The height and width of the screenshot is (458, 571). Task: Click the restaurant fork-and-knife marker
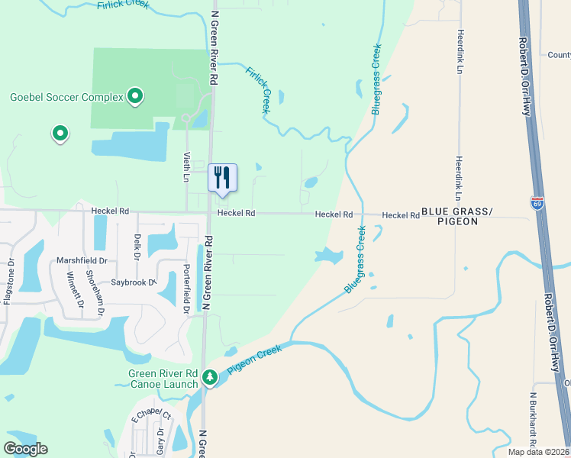pyautogui.click(x=222, y=177)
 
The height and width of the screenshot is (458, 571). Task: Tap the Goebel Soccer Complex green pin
pyautogui.click(x=135, y=96)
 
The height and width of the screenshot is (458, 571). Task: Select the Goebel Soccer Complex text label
pyautogui.click(x=66, y=97)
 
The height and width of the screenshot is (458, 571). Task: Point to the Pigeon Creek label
pyautogui.click(x=254, y=357)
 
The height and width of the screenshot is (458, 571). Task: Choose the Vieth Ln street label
pyautogui.click(x=186, y=166)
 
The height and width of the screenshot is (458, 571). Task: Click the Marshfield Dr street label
pyautogui.click(x=82, y=260)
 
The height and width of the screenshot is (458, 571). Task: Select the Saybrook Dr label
pyautogui.click(x=132, y=282)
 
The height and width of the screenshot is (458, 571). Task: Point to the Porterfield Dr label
pyautogui.click(x=185, y=289)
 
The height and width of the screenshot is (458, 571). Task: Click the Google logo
pyautogui.click(x=25, y=449)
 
